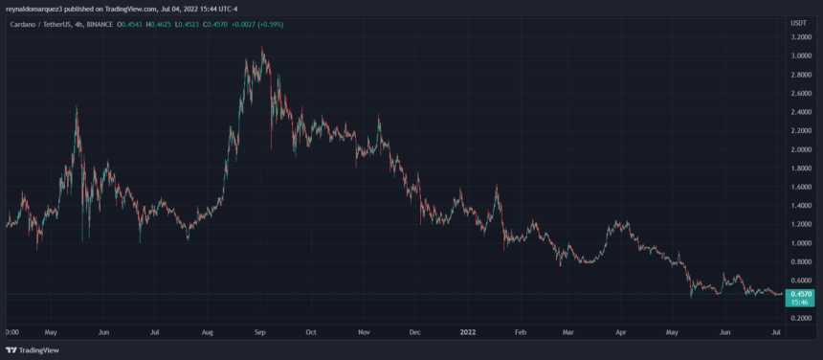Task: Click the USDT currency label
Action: point(799,20)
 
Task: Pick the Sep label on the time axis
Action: point(259,333)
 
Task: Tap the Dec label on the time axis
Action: point(414,333)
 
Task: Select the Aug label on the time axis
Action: point(209,333)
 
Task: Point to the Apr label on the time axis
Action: point(621,333)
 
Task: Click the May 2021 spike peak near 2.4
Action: point(77,107)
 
